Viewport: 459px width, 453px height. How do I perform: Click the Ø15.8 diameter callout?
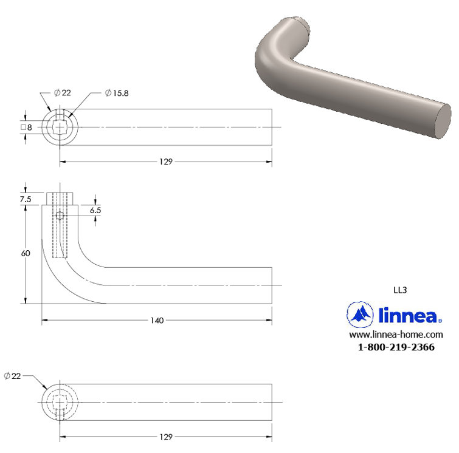click(117, 93)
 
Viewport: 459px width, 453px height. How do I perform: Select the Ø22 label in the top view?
click(63, 93)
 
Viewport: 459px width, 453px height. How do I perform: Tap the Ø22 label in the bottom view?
click(13, 376)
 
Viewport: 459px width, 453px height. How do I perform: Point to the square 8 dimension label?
click(26, 127)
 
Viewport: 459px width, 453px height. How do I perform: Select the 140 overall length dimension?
click(157, 320)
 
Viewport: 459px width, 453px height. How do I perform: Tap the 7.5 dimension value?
click(26, 199)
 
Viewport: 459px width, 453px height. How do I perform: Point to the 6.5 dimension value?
click(95, 209)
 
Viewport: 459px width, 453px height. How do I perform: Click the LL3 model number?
click(400, 290)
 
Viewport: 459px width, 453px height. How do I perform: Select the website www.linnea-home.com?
click(395, 335)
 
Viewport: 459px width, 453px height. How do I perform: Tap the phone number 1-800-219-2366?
click(396, 347)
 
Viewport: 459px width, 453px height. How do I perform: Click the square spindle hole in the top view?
click(60, 127)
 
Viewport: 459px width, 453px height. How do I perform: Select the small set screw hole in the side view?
click(60, 216)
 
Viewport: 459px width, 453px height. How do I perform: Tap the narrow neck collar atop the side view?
click(60, 198)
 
